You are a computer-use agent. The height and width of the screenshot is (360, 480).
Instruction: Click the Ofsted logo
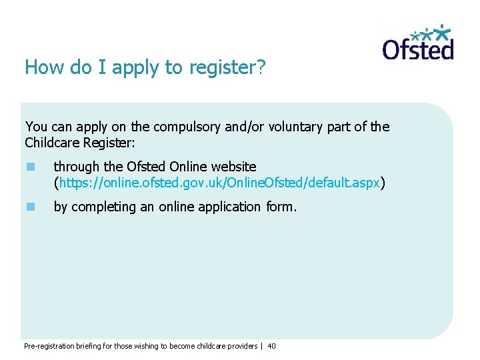pyautogui.click(x=418, y=43)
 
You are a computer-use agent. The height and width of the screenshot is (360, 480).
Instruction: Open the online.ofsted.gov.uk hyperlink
pyautogui.click(x=219, y=183)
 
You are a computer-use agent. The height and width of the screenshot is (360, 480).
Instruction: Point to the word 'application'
pyautogui.click(x=219, y=207)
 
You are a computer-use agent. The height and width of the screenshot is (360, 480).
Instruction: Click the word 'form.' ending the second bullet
pyautogui.click(x=281, y=207)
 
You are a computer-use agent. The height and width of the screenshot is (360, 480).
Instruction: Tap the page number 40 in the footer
pyautogui.click(x=271, y=346)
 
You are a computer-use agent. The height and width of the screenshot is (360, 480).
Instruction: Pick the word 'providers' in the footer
pyautogui.click(x=243, y=346)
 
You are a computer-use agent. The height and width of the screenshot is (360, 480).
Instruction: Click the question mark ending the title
pyautogui.click(x=261, y=68)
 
